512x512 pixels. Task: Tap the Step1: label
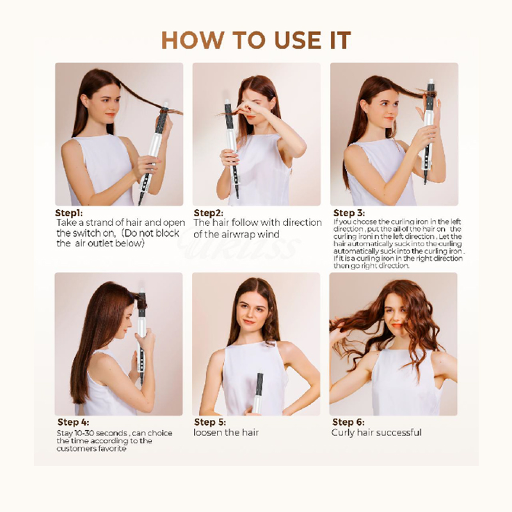[x=69, y=213]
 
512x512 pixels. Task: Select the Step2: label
[x=209, y=213]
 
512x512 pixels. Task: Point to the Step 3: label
[x=349, y=213]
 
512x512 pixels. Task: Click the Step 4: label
[x=73, y=422]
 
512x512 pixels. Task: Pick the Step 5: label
[x=210, y=422]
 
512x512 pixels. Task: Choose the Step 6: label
[x=348, y=422]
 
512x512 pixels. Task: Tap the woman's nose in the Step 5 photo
[x=249, y=314]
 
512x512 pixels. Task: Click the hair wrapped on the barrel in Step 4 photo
[x=141, y=301]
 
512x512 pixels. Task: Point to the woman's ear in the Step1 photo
[x=84, y=100]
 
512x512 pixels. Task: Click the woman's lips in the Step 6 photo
[x=396, y=325]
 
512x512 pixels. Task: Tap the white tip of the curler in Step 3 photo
[x=431, y=82]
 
